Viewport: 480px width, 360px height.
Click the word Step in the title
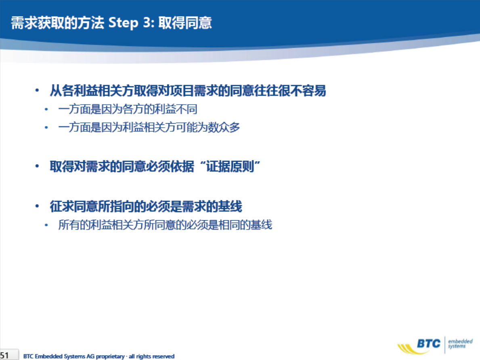[123, 23]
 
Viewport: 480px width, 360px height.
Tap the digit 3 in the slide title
[147, 22]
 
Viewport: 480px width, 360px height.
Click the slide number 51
[4, 356]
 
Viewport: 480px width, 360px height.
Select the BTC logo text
[429, 343]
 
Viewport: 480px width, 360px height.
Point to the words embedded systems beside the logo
[460, 343]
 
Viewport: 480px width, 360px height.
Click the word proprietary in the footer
[110, 356]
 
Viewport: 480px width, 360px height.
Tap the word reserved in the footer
[163, 356]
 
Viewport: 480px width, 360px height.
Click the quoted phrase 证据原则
[230, 166]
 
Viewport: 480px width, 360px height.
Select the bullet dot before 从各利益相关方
[37, 91]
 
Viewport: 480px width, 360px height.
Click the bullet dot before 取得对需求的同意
[37, 166]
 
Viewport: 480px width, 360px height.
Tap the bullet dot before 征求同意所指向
[37, 206]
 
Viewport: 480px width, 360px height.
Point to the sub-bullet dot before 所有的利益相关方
[46, 225]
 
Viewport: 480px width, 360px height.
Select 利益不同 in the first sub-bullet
[176, 109]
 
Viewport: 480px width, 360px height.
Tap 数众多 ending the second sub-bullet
[224, 127]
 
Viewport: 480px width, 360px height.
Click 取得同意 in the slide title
[185, 23]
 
